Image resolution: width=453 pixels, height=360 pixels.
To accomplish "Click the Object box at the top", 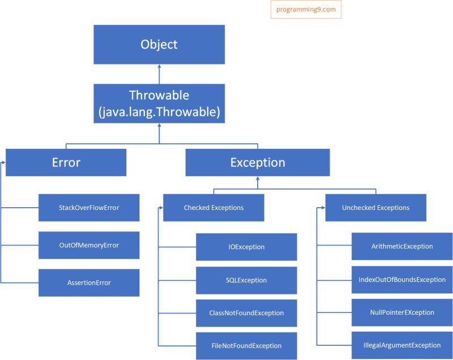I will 159,44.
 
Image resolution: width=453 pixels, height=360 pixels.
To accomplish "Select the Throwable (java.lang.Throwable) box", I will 159,104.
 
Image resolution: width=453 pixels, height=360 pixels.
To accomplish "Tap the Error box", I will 66,162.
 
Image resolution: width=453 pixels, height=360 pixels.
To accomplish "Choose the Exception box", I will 258,162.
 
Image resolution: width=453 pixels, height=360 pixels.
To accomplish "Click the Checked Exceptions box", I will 213,208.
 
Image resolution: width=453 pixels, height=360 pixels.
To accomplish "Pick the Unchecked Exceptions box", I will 375,208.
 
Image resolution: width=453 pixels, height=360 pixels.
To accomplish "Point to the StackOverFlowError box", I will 89,208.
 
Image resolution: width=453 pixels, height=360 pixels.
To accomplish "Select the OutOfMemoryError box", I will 89,245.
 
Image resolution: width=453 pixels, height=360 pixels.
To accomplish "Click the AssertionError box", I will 89,282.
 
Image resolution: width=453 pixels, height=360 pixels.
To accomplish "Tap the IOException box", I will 246,247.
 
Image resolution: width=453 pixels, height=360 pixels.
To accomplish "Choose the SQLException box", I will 246,280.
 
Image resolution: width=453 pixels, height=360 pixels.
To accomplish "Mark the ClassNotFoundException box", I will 246,313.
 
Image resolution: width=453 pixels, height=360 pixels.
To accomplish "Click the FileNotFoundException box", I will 246,346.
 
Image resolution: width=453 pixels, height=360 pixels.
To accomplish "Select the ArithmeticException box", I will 402,246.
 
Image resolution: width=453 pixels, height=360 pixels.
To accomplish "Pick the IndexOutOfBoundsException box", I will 402,280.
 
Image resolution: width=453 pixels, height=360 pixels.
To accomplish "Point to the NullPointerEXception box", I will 402,312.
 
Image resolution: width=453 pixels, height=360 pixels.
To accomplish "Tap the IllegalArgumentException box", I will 402,345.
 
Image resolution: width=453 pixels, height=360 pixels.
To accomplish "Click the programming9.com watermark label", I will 306,10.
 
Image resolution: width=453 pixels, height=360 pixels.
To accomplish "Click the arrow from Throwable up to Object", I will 159,74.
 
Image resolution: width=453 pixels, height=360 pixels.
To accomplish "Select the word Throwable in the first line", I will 159,95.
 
